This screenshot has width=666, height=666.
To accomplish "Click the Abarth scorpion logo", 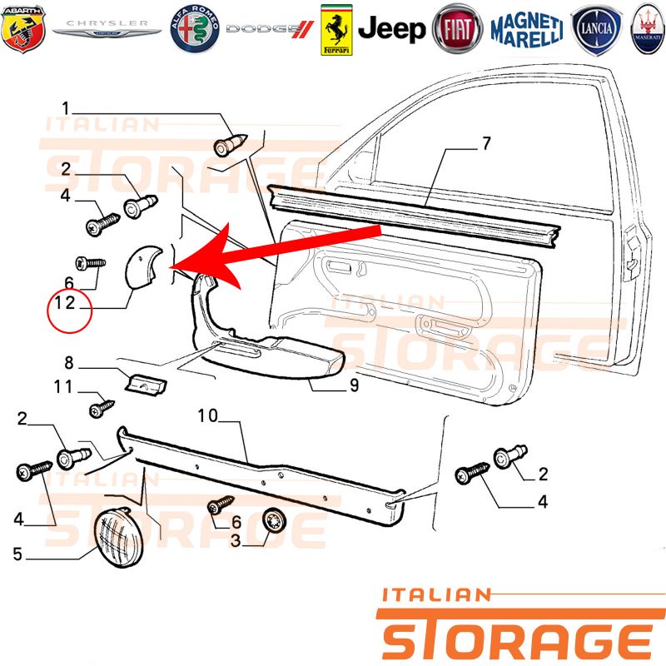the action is (23, 29).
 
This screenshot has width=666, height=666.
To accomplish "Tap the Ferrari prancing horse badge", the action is (336, 30).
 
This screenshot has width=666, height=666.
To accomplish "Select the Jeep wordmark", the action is (391, 29).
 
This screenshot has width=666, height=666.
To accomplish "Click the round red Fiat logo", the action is (457, 29).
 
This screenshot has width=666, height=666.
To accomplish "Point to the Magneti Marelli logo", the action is (527, 30).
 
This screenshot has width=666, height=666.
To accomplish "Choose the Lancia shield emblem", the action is (596, 29).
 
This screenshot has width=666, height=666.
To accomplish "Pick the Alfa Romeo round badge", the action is (195, 29).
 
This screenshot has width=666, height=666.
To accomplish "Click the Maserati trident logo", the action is (649, 29).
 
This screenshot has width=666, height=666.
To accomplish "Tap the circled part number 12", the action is (65, 303).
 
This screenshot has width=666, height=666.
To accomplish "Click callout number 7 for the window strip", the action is (487, 143).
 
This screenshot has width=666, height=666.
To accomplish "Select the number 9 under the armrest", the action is (355, 385).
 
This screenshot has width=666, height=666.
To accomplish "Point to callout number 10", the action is (207, 415).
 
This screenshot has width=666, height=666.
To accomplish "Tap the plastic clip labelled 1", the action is (230, 144).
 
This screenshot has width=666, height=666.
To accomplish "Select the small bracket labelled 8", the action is (146, 384).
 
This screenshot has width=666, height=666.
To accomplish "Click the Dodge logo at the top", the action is (269, 29).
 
